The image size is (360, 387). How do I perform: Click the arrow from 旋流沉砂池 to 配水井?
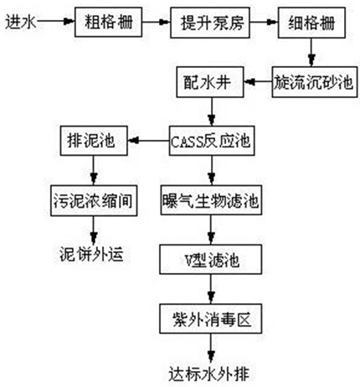click(x=257, y=83)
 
